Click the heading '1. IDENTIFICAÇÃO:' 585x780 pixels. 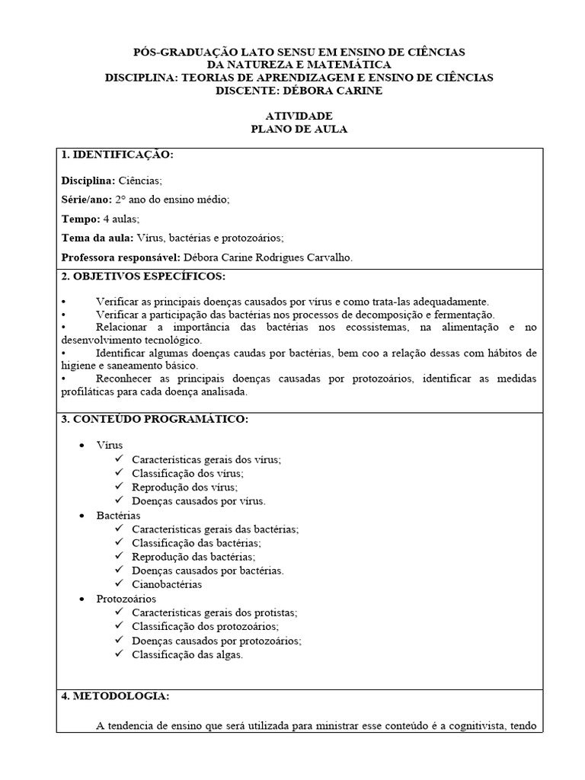pyautogui.click(x=117, y=155)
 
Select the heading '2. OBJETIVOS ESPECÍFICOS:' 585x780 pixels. pyautogui.click(x=143, y=276)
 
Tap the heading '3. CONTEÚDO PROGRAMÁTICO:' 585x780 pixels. pyautogui.click(x=155, y=420)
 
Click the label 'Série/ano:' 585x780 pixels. pyautogui.click(x=86, y=200)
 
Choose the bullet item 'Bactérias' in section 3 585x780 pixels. pyautogui.click(x=118, y=516)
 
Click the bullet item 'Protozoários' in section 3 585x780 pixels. pyautogui.click(x=126, y=599)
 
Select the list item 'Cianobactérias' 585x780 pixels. pyautogui.click(x=167, y=585)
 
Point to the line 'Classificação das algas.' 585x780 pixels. pyautogui.click(x=187, y=654)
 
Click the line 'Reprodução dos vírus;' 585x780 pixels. pyautogui.click(x=184, y=487)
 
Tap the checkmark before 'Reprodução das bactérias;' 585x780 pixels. pyautogui.click(x=119, y=557)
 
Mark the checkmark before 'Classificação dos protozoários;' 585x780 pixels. pyautogui.click(x=119, y=626)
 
